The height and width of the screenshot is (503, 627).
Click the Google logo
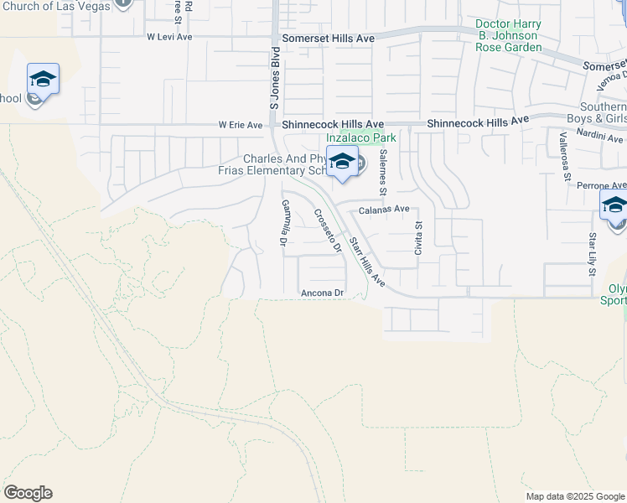tap(28, 493)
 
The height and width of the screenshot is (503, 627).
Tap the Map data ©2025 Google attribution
tap(574, 496)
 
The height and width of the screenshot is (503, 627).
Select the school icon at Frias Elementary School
tap(342, 162)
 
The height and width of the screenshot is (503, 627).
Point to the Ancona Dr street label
tap(323, 293)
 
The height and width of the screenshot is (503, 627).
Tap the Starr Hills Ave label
tap(366, 262)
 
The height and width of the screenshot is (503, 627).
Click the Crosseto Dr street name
tap(328, 230)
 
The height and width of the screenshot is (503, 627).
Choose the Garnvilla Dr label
tap(284, 223)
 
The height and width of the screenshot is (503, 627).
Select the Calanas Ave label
tap(385, 210)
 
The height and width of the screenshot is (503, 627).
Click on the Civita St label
tap(418, 237)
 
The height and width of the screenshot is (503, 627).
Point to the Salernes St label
tap(382, 173)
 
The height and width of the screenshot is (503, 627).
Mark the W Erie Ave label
tap(241, 125)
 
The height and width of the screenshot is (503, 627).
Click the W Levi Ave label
tap(169, 37)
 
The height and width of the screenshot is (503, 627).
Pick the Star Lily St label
tap(592, 253)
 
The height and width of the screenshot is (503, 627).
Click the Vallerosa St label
tap(567, 160)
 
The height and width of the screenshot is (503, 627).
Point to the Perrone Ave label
tap(605, 185)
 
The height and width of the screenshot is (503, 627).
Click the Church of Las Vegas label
tap(56, 6)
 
